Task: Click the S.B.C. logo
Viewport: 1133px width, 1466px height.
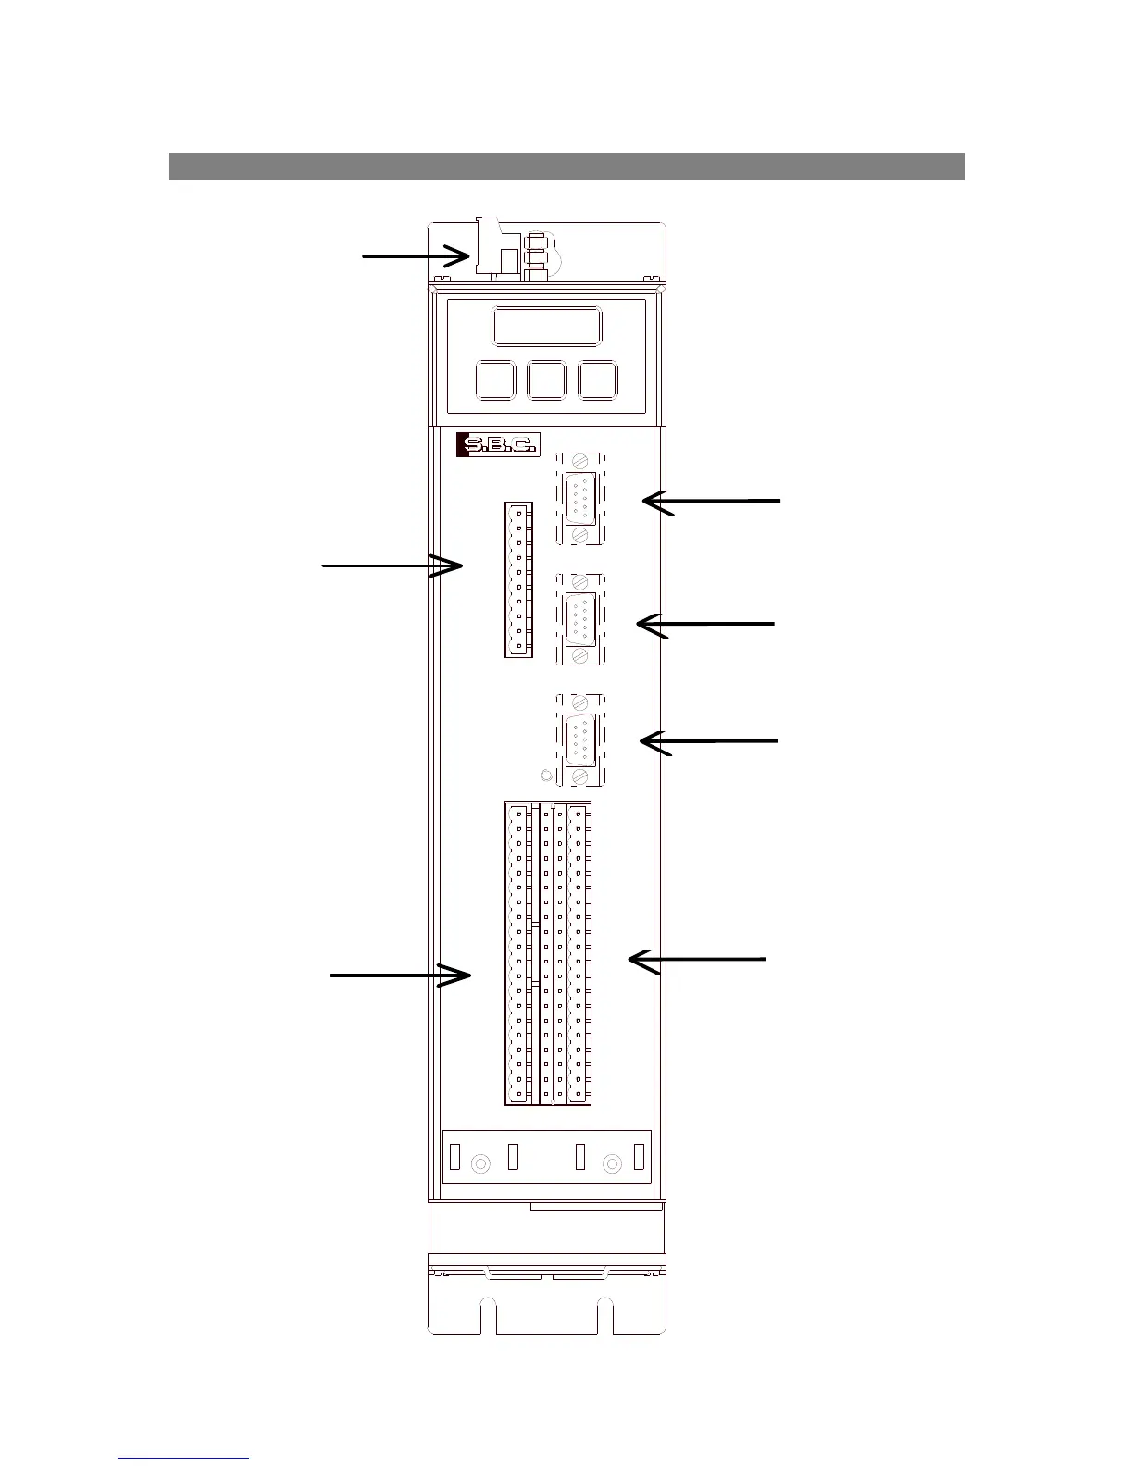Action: point(498,445)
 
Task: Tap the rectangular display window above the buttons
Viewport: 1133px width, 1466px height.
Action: point(546,327)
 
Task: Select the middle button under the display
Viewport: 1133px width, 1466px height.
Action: point(546,380)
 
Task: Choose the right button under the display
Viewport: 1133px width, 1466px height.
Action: point(598,380)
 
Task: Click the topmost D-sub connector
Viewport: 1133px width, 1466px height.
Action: point(580,498)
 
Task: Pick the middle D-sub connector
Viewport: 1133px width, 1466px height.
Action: point(580,618)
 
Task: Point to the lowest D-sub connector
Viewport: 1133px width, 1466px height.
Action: point(580,739)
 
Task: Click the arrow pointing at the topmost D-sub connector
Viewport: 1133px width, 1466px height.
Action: point(711,501)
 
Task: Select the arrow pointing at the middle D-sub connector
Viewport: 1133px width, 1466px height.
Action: point(705,625)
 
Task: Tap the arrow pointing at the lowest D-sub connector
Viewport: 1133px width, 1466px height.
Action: point(709,741)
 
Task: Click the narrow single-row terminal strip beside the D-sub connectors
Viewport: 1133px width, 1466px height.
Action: point(518,579)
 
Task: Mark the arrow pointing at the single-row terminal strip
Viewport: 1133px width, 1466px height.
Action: point(392,565)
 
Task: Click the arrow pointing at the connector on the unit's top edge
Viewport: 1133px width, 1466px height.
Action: point(417,255)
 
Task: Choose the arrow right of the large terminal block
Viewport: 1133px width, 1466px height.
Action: point(696,960)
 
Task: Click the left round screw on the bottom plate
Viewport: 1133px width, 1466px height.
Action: point(480,1163)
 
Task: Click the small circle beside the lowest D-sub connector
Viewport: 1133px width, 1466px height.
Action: point(545,775)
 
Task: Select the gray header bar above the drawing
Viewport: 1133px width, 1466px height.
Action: point(566,167)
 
